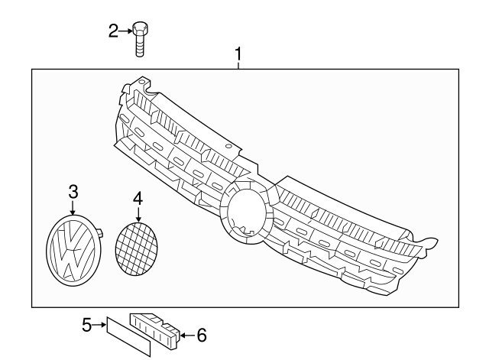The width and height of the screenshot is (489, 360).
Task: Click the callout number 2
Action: tap(113, 31)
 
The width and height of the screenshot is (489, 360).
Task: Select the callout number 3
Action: tap(73, 190)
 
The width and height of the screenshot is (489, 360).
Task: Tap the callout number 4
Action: tap(138, 198)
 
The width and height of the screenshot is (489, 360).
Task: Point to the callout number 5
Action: tap(87, 326)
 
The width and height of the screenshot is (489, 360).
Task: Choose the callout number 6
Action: tap(202, 335)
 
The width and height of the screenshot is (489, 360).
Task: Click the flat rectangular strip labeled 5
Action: tap(128, 333)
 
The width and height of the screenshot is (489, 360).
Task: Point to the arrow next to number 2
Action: tap(125, 31)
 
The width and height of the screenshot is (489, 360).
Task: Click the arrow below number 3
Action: tap(73, 206)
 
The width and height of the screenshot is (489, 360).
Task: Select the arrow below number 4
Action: tap(138, 215)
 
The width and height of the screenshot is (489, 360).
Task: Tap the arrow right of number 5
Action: tap(99, 326)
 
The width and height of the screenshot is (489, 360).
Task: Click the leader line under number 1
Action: tap(238, 65)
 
